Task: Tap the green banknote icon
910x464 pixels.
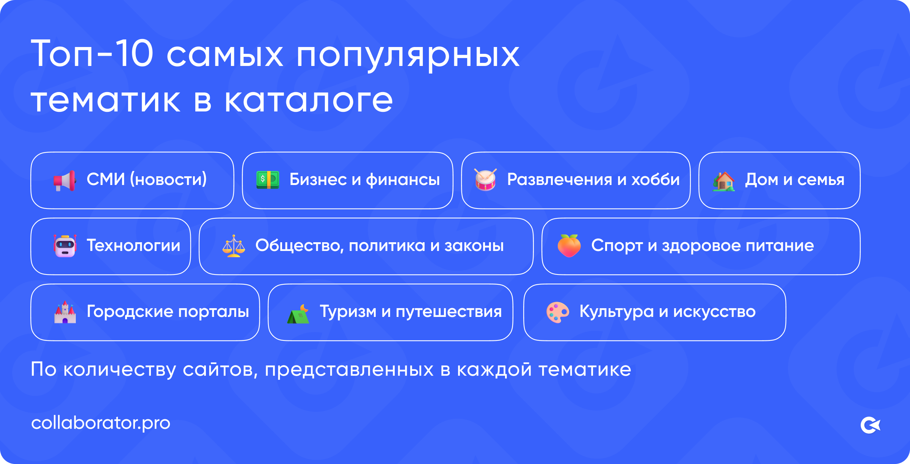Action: (x=268, y=180)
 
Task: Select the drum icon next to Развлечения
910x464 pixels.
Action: (x=486, y=180)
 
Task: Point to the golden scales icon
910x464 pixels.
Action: (x=234, y=246)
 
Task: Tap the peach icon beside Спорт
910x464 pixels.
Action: (x=569, y=246)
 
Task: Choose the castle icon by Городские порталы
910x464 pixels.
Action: (x=65, y=312)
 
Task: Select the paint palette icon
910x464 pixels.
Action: (x=557, y=312)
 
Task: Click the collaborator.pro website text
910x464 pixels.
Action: (x=101, y=423)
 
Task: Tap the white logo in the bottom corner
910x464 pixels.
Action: (x=870, y=425)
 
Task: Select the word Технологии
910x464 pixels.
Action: (x=133, y=246)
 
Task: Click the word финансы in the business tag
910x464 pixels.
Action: (x=403, y=180)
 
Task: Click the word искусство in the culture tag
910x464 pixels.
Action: (x=714, y=312)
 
